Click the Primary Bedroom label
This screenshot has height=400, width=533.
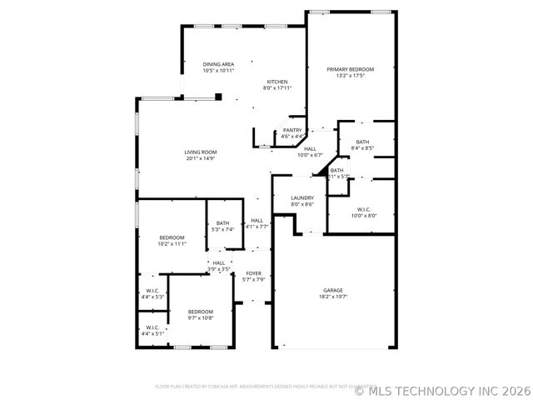coord(350,69)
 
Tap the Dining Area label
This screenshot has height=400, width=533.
coord(218,64)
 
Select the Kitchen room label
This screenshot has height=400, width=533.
coord(277,82)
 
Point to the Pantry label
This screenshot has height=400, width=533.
coord(291,130)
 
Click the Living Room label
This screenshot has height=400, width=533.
coord(201,152)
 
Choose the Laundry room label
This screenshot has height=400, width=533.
coord(301,197)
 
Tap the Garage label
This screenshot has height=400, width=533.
coord(333,290)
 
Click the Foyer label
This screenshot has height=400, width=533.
coord(253,273)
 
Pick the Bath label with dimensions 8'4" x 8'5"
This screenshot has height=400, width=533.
coord(362,142)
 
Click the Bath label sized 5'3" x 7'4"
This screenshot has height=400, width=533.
coord(222,222)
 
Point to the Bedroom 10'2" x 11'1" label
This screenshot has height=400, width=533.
coord(171,237)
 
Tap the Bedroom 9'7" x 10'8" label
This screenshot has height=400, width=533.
coord(200,311)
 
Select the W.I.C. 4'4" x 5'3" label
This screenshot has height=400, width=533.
coord(152,290)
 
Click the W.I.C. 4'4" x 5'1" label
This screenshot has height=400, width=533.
coord(152,327)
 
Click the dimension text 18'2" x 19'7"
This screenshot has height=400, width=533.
coord(333,296)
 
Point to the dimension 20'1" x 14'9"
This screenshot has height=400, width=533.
coord(201,157)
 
